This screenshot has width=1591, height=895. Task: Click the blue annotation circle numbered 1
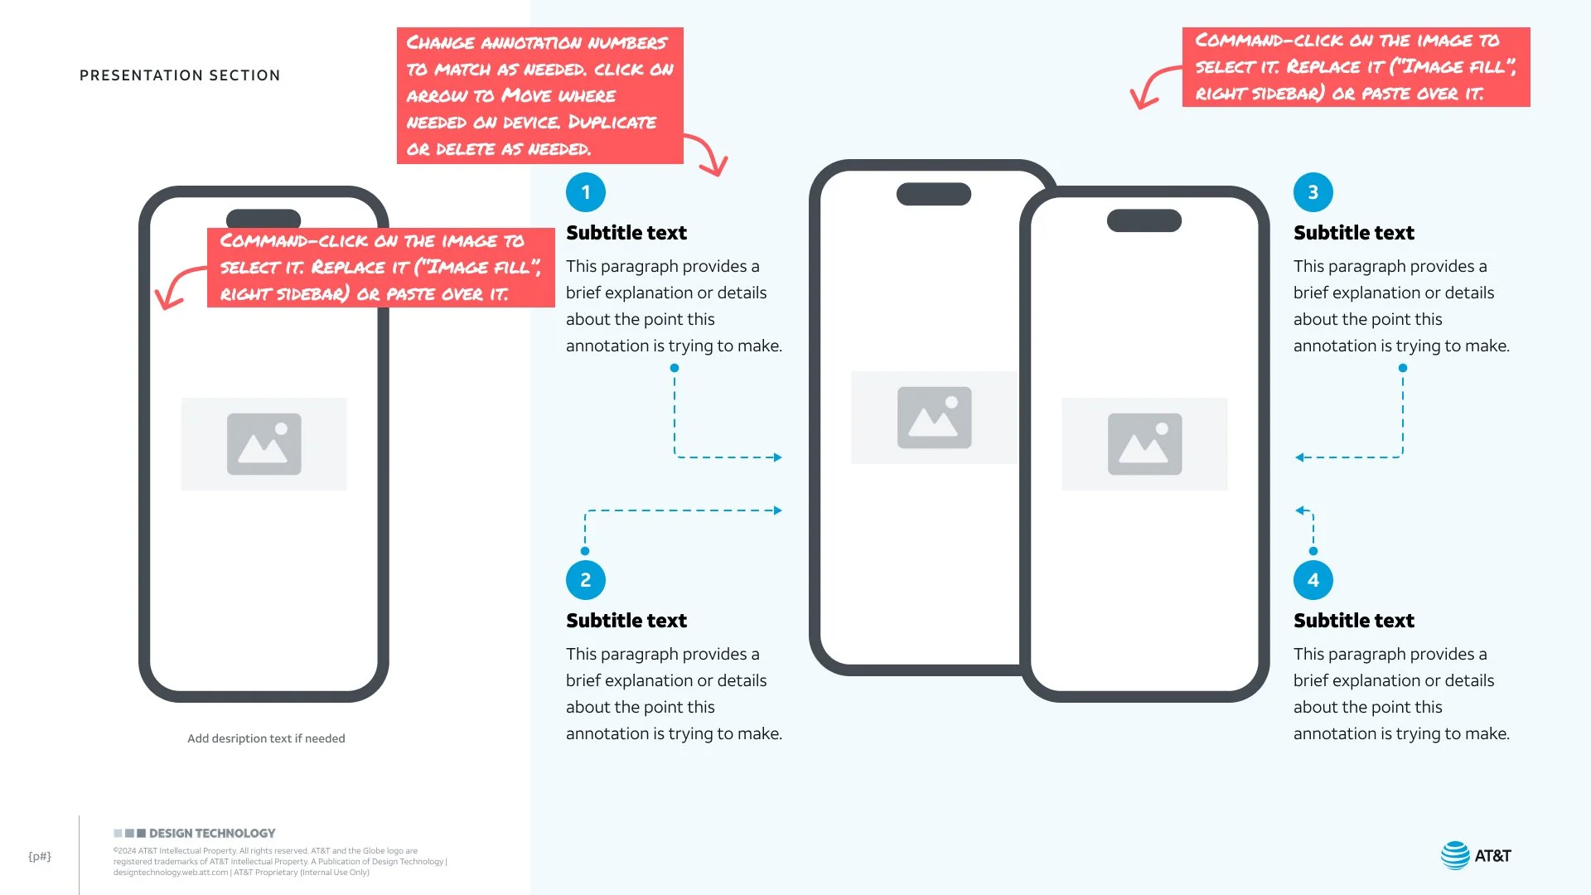586,192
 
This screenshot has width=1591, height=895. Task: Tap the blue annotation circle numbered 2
586,580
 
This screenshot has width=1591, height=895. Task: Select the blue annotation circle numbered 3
1313,192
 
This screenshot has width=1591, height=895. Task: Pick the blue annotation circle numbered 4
1313,580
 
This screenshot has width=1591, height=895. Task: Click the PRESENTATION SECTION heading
180,75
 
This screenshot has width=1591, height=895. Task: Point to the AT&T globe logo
1455,855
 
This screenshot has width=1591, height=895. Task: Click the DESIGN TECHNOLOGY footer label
212,833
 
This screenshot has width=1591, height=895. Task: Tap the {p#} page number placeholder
40,856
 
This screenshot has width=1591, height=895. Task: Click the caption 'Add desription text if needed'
266,738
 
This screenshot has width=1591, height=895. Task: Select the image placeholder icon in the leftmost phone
264,444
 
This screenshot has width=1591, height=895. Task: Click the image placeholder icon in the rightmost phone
1145,444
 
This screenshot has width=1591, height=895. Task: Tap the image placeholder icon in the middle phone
935,418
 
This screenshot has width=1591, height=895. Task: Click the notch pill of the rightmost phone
1144,220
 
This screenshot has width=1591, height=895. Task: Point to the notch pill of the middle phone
934,194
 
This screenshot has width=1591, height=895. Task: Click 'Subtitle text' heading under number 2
626,621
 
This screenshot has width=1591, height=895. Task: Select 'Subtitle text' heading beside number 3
1354,233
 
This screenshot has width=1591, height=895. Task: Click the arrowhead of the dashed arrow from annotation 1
778,457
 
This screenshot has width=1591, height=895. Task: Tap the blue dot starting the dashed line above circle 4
1313,551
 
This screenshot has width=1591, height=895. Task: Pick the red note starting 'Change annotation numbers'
540,95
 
